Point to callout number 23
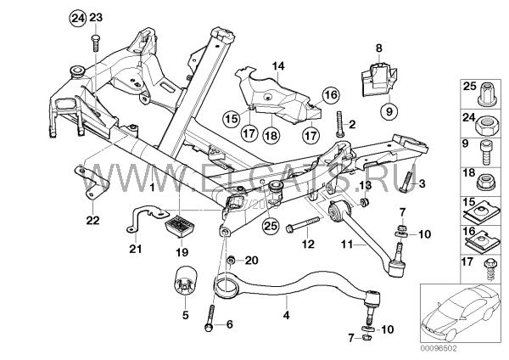coord(95,18)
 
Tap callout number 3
coord(422,183)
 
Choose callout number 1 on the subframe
coord(153,183)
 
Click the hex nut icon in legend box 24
coord(487,128)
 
